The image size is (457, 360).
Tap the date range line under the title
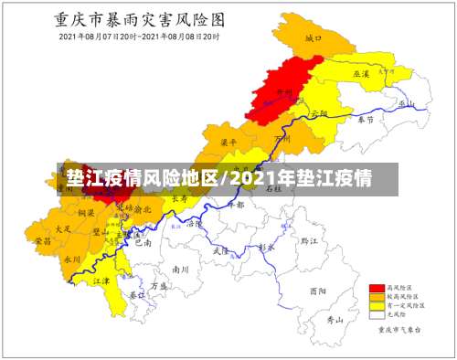pos(140,37)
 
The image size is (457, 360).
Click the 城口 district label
pos(314,38)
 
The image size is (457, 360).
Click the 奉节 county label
pos(367,119)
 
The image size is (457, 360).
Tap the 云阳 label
pos(318,113)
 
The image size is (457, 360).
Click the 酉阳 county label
pos(316,291)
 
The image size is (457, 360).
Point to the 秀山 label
pos(335,320)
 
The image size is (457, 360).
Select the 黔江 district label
pos(308,240)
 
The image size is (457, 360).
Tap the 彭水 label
pos(266,247)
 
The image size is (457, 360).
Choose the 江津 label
pos(101,281)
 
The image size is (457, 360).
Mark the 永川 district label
pos(72,259)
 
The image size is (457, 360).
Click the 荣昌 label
pos(42,241)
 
